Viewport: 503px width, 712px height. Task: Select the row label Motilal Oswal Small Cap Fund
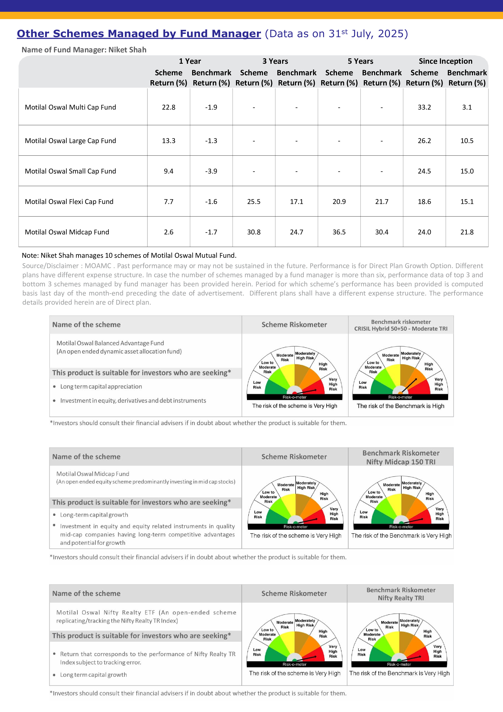pos(70,171)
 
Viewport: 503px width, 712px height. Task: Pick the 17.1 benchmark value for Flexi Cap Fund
pos(296,202)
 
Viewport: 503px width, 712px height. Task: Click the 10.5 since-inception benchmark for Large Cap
pos(467,141)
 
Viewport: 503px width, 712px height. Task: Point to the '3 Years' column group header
pos(275,61)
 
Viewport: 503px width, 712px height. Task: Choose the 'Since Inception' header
pos(445,61)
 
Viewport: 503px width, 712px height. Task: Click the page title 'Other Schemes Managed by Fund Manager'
pos(139,33)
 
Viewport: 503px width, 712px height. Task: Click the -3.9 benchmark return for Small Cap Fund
pos(211,171)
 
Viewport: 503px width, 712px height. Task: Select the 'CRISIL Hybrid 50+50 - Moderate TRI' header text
pos(401,329)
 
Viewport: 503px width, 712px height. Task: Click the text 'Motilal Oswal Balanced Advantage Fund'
pos(110,343)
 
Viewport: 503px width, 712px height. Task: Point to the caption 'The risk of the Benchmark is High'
pos(400,406)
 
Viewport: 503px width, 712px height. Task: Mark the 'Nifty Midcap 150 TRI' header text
pos(401,462)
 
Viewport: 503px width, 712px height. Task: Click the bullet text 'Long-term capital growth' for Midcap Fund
pos(94,515)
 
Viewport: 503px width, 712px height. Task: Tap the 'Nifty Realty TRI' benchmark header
pos(401,598)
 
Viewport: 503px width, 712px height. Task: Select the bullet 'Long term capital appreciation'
pos(101,386)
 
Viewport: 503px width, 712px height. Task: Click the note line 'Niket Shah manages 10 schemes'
pos(129,256)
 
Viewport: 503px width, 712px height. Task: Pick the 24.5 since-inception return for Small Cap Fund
pos(424,171)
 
